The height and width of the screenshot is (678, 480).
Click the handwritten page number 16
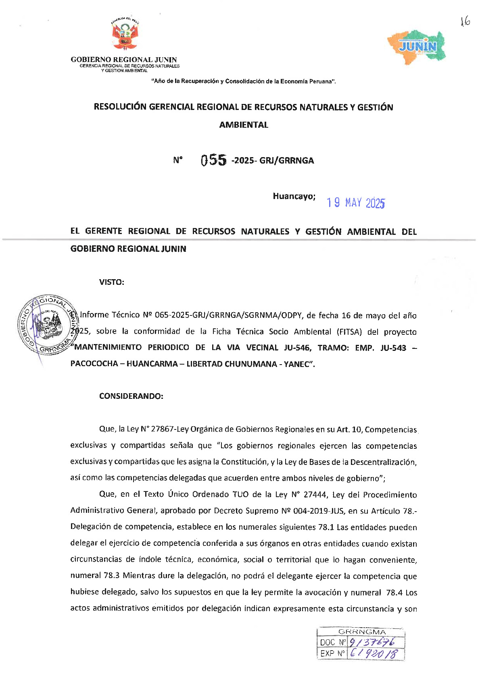(x=465, y=22)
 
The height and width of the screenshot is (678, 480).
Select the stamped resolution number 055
(x=214, y=160)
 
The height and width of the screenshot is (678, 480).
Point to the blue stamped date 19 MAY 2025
(x=355, y=203)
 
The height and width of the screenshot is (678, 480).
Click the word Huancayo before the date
(x=294, y=197)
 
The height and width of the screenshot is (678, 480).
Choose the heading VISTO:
(x=112, y=282)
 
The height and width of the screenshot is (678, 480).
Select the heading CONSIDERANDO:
(x=131, y=396)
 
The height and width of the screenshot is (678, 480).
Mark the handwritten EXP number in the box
(x=373, y=653)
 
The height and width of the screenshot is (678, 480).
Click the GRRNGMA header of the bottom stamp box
(x=362, y=632)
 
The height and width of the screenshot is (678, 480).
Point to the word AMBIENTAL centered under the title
(x=244, y=125)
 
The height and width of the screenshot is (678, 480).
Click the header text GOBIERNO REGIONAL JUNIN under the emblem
(x=124, y=60)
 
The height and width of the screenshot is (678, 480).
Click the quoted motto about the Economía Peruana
(x=244, y=81)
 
